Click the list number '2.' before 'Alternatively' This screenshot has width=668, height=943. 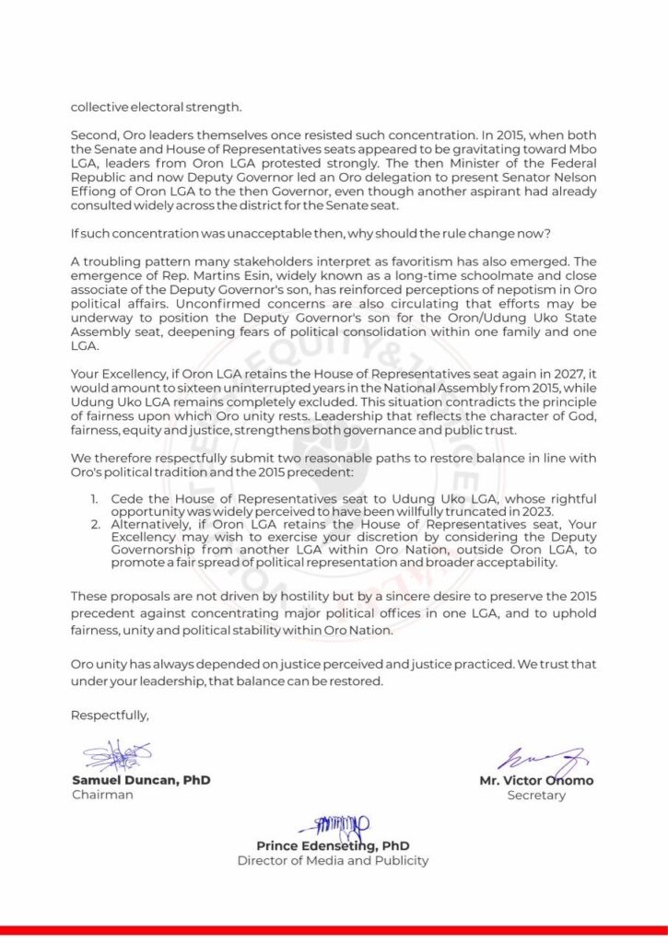click(95, 526)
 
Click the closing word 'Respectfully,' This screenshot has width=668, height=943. click(110, 713)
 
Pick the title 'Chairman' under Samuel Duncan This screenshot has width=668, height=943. click(102, 795)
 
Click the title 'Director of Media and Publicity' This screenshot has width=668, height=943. click(333, 861)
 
